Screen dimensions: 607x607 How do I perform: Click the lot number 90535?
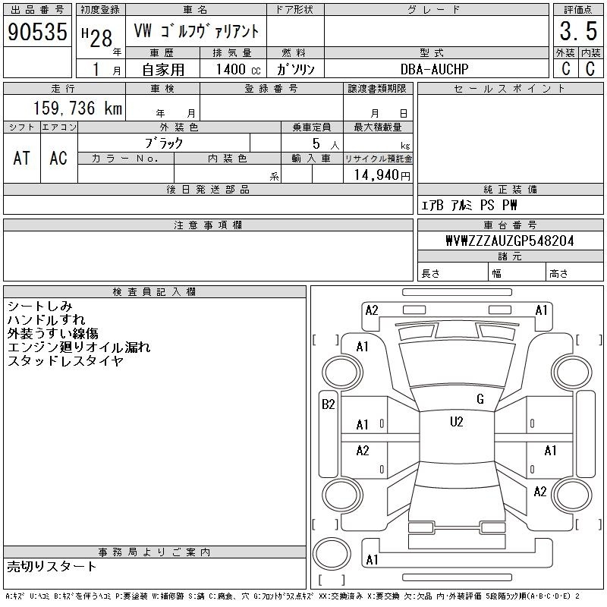click(x=37, y=31)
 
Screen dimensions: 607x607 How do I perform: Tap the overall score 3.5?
click(x=578, y=31)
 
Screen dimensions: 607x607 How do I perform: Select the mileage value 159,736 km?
click(x=78, y=108)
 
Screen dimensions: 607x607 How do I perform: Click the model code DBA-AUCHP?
click(x=434, y=69)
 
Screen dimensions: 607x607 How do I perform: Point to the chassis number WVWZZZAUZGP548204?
click(x=510, y=241)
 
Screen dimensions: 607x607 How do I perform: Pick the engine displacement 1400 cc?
click(x=238, y=69)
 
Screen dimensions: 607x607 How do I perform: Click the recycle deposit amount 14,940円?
click(x=382, y=175)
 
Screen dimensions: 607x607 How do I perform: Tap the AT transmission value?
click(x=22, y=158)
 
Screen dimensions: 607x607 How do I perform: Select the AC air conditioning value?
click(x=58, y=158)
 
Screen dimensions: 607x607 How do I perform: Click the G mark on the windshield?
click(x=480, y=399)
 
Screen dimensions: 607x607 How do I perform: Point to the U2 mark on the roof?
click(x=457, y=422)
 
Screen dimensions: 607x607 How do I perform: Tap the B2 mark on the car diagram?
click(x=329, y=404)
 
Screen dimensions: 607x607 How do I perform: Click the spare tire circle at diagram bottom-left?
click(x=332, y=554)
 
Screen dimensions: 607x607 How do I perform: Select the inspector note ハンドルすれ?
click(x=46, y=319)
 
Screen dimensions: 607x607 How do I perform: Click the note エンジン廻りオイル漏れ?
click(x=79, y=347)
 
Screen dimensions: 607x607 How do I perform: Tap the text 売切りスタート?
click(x=52, y=567)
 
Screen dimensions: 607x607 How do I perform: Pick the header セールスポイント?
click(x=510, y=89)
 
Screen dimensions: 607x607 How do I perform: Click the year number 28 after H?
click(x=102, y=39)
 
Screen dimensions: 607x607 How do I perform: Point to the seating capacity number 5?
click(x=316, y=143)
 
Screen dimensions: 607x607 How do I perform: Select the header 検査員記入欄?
click(x=154, y=292)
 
